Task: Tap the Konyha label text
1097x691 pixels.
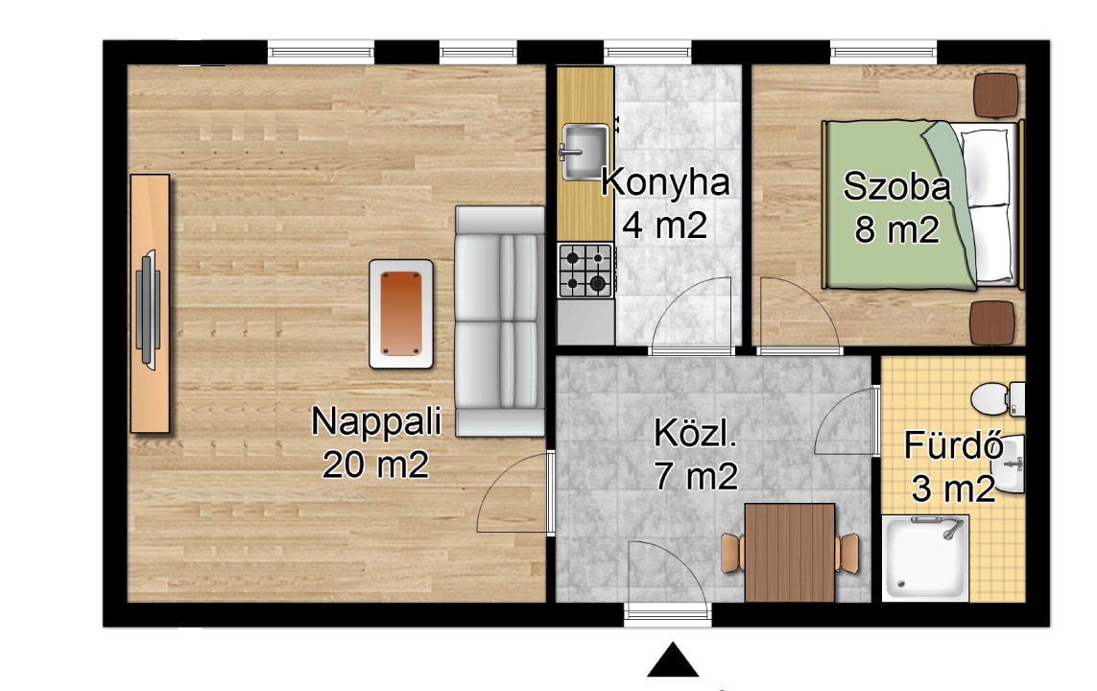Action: pos(665,182)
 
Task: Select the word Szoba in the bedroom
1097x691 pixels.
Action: pos(896,186)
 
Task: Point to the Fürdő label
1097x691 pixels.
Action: pos(954,445)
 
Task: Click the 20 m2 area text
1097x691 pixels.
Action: pos(375,464)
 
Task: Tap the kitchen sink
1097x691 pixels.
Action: pos(584,152)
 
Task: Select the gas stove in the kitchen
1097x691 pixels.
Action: pos(586,270)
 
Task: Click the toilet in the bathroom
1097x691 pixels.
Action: pos(997,398)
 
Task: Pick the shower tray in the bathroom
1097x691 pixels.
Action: pos(925,559)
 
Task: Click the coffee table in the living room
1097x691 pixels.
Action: pos(401,314)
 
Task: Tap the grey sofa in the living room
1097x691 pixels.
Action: pos(499,321)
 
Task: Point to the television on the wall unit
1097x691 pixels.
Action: pos(149,308)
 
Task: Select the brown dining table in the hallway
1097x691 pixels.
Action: pos(790,553)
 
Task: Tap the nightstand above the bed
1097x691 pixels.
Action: pos(996,95)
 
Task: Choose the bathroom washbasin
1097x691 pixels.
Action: pos(1010,464)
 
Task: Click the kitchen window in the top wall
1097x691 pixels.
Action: pos(647,53)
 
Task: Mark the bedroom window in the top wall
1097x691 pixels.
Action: pos(884,53)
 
